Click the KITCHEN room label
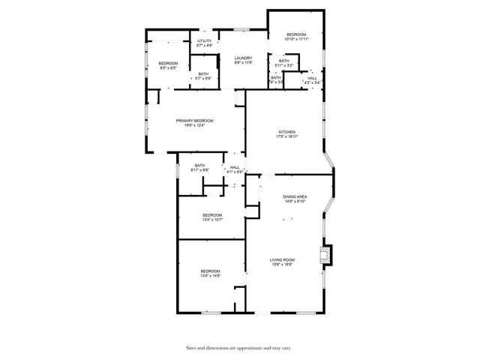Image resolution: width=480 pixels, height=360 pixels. [x=287, y=132]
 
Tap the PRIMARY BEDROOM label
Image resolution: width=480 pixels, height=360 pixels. [x=194, y=121]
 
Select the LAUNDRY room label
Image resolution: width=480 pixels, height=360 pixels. [x=243, y=58]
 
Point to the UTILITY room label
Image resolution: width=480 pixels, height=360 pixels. [x=205, y=40]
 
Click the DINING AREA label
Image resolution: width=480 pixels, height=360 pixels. [x=294, y=196]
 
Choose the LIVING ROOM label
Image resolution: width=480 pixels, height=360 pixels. [x=283, y=259]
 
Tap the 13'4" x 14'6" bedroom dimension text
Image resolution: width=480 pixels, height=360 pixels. [x=210, y=275]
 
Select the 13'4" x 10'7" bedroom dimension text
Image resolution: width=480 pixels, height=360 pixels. [x=212, y=220]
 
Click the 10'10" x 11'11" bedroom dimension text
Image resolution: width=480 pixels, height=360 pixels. [x=296, y=40]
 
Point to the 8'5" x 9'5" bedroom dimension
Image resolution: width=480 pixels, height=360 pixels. [x=168, y=67]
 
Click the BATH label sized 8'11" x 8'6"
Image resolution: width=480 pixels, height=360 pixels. [x=199, y=165]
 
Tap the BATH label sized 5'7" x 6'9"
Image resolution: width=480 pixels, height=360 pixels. [x=203, y=73]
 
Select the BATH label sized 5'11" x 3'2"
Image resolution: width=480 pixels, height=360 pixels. [x=283, y=61]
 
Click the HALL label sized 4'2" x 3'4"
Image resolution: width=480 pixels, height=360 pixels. [x=312, y=78]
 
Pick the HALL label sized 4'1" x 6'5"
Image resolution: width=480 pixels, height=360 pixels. [x=235, y=167]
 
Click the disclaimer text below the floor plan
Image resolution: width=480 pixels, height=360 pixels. [x=239, y=348]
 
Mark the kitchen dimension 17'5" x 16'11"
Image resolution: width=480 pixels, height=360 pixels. [x=287, y=136]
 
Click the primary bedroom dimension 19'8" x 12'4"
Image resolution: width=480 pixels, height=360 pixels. [x=194, y=125]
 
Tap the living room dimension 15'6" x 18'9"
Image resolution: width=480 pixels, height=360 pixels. [x=283, y=264]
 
